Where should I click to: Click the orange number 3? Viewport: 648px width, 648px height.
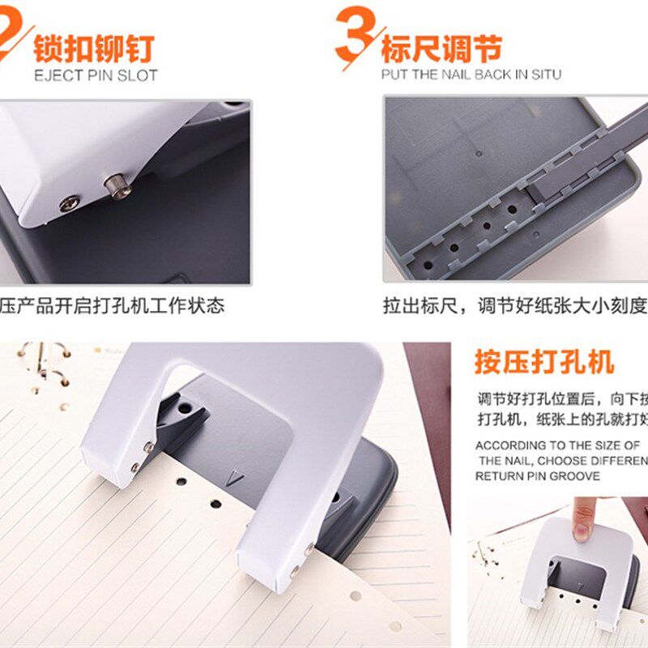tap(355, 36)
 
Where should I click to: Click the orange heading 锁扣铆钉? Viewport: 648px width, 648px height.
tap(93, 48)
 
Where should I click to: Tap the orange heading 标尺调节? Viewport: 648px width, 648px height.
tap(441, 48)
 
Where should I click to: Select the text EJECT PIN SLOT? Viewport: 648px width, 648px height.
tap(96, 75)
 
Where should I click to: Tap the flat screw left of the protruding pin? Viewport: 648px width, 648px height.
tap(70, 203)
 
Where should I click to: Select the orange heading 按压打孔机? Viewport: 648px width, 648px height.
tap(544, 361)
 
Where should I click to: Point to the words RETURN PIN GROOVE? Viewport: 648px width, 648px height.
tap(538, 476)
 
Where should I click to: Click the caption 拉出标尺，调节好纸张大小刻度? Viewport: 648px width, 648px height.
tap(515, 306)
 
